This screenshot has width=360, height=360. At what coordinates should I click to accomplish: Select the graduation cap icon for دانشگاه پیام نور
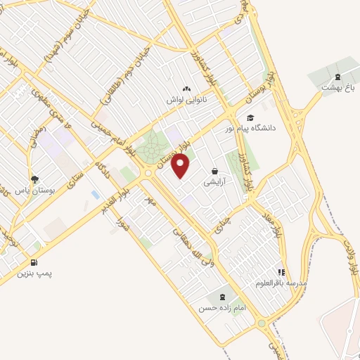coord(250,118)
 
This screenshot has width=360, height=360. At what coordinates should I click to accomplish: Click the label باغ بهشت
coord(336,88)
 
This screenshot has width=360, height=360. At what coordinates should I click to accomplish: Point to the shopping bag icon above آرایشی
coord(214,171)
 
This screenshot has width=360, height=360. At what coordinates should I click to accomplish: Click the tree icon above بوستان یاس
coord(35,180)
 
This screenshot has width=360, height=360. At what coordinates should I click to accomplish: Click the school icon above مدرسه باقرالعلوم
coord(281,271)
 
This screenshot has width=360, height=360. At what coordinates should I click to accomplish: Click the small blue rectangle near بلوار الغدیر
coord(94,194)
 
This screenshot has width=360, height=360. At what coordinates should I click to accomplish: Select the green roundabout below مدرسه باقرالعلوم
coord(262,323)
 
